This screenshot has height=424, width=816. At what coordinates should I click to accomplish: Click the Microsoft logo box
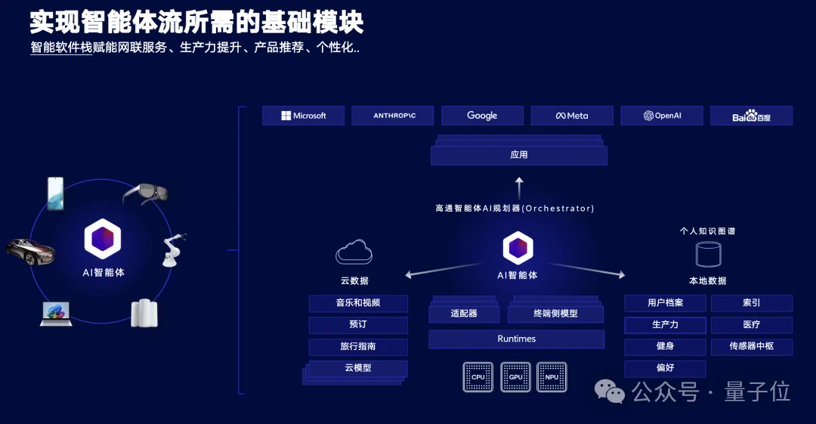pos(303,116)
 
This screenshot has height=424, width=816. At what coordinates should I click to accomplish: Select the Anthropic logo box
pos(393,116)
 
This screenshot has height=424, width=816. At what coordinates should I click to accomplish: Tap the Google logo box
pos(482,116)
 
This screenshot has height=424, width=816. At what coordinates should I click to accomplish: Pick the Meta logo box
pos(572,116)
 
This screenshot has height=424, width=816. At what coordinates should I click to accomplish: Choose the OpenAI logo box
pos(662,116)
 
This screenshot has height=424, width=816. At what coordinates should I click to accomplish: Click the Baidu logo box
pos(751,116)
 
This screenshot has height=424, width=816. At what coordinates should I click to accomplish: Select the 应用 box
pos(519,155)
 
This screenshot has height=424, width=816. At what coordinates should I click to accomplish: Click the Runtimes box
pos(516,339)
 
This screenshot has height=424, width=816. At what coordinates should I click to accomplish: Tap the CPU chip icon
pos(478,376)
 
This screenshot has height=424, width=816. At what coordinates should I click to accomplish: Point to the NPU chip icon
pos(552,376)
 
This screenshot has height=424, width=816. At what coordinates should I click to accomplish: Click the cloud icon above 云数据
pos(354,252)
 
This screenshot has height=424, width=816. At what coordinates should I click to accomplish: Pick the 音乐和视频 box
pos(358,304)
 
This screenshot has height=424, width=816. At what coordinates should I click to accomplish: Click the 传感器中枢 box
pos(751,347)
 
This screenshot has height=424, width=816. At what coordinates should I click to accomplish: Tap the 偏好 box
pos(665,369)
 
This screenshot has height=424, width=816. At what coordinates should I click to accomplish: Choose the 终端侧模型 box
pos(555,314)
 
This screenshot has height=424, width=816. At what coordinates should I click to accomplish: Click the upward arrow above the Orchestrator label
pos(519,187)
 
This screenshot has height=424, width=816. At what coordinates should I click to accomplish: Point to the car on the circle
pos(31,251)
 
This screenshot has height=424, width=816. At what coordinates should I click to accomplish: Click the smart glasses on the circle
pos(145,193)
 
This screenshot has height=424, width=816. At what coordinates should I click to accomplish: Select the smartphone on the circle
pos(55,193)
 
